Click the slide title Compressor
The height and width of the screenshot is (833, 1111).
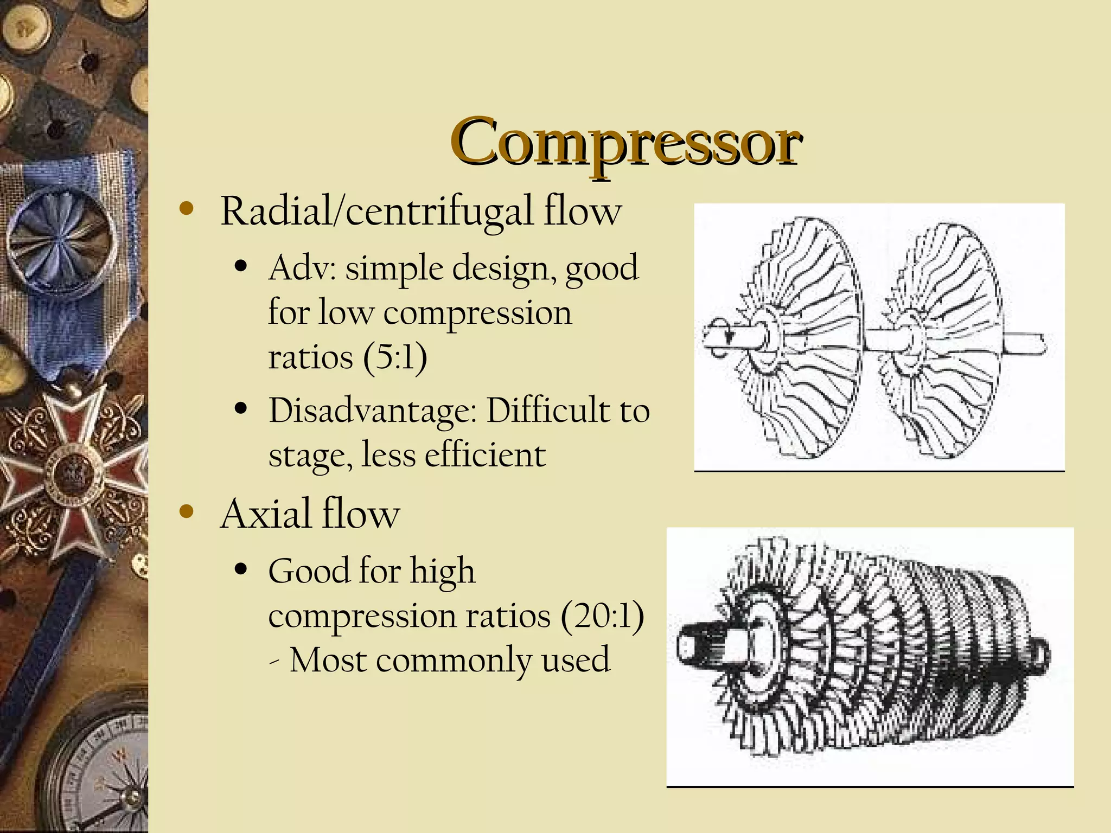625,142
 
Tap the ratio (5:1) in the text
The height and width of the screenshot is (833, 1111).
395,358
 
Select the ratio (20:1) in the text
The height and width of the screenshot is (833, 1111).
602,616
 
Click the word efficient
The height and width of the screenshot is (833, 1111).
484,454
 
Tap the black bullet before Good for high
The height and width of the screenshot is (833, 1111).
242,570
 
